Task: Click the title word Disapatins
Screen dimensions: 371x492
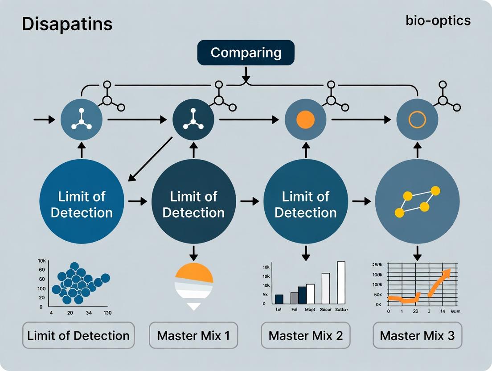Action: point(67,24)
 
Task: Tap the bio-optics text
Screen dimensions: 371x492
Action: point(438,21)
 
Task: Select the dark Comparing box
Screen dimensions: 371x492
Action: point(246,53)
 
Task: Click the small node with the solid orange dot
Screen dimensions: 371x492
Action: point(305,120)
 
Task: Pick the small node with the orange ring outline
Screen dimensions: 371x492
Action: point(418,120)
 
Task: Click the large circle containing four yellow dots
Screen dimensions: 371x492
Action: point(418,202)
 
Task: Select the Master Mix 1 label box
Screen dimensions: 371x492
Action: point(193,335)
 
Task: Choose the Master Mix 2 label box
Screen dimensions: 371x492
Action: point(306,335)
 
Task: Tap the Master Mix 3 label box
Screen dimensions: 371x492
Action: point(417,335)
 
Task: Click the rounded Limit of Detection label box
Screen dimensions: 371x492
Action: point(78,335)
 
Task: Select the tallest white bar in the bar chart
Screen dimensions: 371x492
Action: point(341,282)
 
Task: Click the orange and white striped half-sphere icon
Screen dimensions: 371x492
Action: point(193,281)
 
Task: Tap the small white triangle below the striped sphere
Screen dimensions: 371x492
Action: point(193,306)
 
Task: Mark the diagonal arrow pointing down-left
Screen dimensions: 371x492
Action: point(150,159)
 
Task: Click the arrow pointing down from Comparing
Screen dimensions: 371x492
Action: point(246,74)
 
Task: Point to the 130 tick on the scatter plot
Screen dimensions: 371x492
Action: point(107,313)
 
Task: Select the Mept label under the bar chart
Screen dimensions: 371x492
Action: point(310,309)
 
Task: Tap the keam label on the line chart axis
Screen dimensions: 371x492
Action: point(455,311)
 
